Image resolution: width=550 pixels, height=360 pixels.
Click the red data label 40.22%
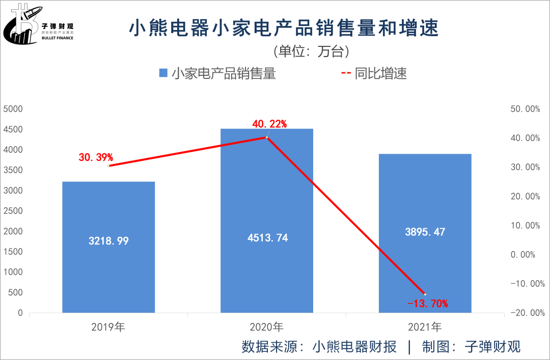pyautogui.click(x=269, y=124)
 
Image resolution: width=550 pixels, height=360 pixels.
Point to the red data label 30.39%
pyautogui.click(x=96, y=157)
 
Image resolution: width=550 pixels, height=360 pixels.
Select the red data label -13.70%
pyautogui.click(x=428, y=304)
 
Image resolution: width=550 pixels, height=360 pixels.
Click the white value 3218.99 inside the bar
pyautogui.click(x=108, y=241)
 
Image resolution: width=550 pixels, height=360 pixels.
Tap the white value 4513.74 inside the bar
pyautogui.click(x=266, y=238)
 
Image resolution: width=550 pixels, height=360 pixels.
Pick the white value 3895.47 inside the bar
pyautogui.click(x=425, y=232)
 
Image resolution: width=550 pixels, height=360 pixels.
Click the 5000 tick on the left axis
pyautogui.click(x=13, y=109)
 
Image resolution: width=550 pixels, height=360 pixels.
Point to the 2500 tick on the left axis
pyautogui.click(x=13, y=211)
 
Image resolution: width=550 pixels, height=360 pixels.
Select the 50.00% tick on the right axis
pyautogui.click(x=525, y=109)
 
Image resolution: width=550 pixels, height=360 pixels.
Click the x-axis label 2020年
pyautogui.click(x=266, y=327)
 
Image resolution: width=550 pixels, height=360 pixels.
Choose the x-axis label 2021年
pyautogui.click(x=425, y=327)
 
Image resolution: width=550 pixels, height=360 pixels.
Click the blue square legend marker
pyautogui.click(x=163, y=73)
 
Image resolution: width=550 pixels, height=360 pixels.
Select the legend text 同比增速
pyautogui.click(x=381, y=73)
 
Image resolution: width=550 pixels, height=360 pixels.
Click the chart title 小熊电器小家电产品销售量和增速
pyautogui.click(x=284, y=29)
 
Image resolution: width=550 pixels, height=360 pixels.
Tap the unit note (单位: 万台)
pyautogui.click(x=312, y=51)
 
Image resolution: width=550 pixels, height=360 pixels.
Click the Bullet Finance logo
pyautogui.click(x=38, y=25)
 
